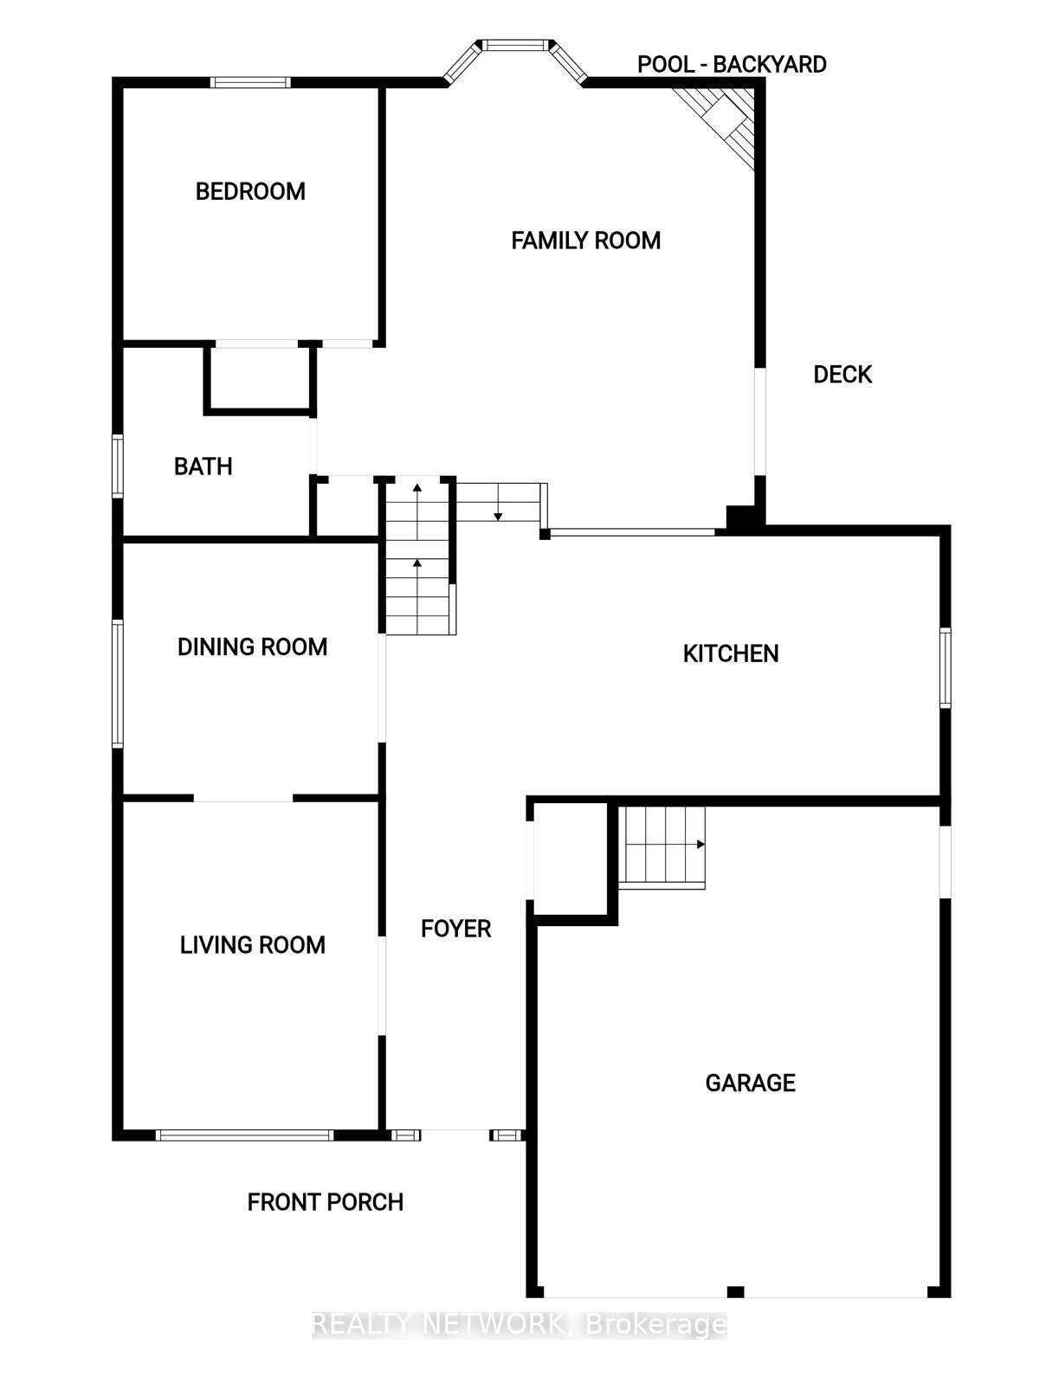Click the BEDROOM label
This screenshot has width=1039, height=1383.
coord(250,191)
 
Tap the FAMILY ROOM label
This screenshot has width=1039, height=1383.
coord(585,241)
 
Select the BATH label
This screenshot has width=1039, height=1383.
coord(203,466)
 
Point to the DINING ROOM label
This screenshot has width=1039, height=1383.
coord(252,647)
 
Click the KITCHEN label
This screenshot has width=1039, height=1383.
coord(731,654)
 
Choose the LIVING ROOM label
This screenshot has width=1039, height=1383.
coord(252,945)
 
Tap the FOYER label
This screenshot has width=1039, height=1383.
coord(455,929)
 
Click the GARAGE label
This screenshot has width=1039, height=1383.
coord(750,1083)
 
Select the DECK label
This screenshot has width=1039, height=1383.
coord(842,374)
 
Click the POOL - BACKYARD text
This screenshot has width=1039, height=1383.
coord(732,64)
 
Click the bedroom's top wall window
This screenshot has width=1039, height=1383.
coord(250,82)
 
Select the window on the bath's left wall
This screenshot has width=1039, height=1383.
coord(117,466)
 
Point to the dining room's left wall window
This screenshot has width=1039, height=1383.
coord(117,685)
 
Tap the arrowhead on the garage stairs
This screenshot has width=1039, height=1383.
coord(700,845)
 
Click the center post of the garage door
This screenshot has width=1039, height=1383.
coord(735,1291)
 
